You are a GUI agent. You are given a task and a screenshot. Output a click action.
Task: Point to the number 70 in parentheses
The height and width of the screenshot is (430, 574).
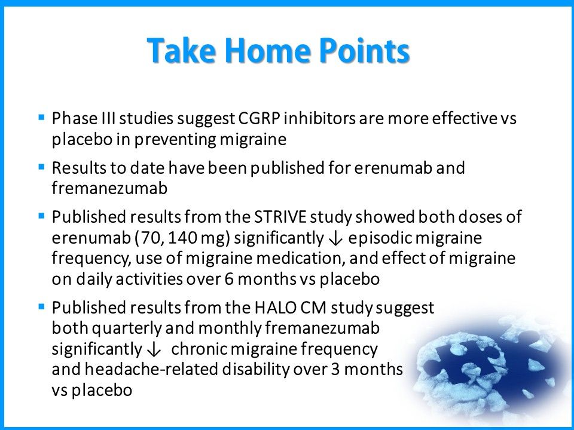click(151, 237)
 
